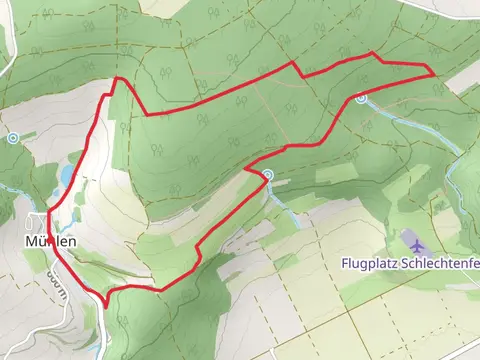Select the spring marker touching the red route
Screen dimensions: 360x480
pos(268,175)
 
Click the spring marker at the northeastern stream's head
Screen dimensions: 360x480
pos(361,98)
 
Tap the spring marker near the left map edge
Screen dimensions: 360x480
pos(13,138)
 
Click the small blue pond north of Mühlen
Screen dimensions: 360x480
pos(66,176)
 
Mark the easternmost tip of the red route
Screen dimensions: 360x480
pos(434,73)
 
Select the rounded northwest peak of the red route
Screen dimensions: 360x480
pos(119,78)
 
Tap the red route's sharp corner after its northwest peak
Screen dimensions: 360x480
pos(147,114)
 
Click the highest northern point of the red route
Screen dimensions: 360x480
pos(372,53)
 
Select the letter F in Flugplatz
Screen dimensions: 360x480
pos(343,265)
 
